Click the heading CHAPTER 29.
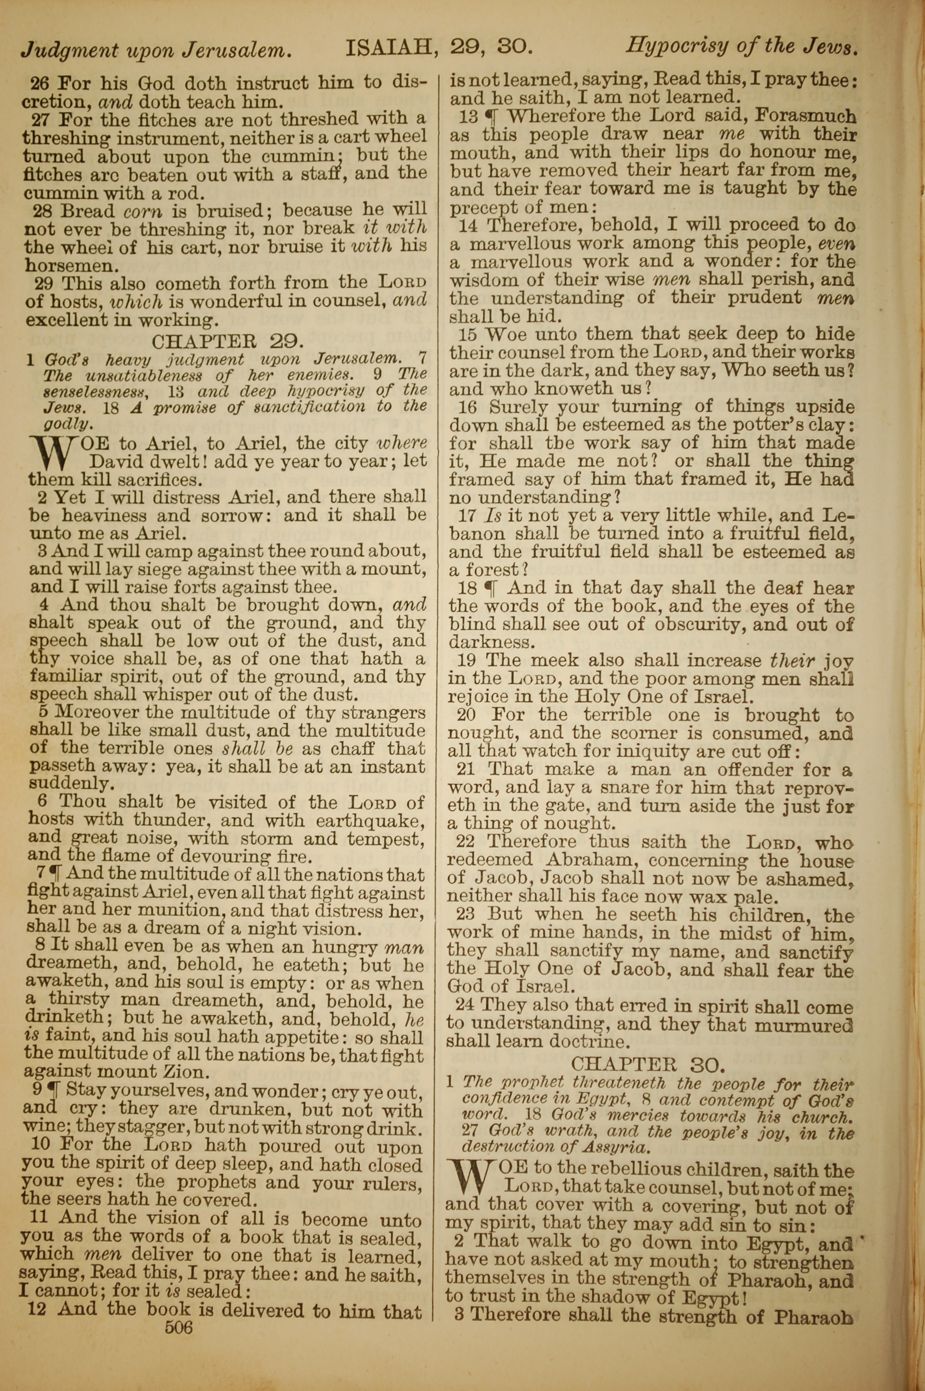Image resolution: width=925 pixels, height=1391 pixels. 228,341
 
